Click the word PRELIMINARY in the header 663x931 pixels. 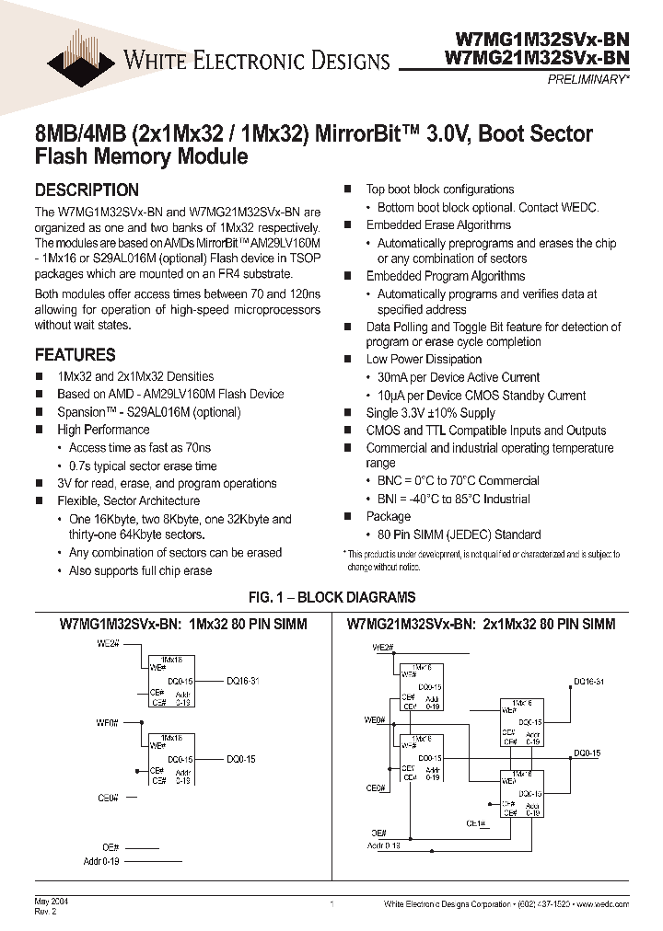[x=589, y=80]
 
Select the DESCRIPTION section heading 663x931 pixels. [x=87, y=190]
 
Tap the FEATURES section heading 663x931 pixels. [x=75, y=355]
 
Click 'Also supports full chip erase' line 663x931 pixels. [x=140, y=570]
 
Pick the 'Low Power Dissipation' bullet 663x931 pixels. [x=424, y=360]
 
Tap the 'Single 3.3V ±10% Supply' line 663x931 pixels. [x=430, y=413]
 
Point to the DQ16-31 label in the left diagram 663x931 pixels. [x=243, y=682]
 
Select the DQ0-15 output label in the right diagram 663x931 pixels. [x=587, y=753]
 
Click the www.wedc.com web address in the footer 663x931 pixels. [x=606, y=905]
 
